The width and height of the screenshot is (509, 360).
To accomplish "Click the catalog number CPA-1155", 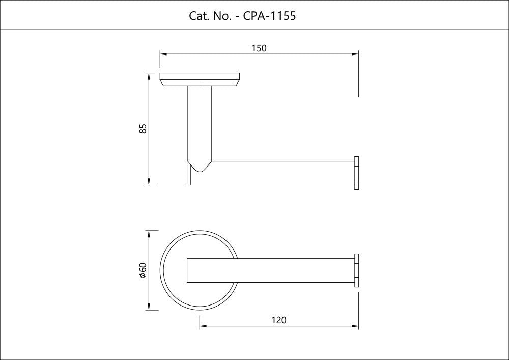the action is click(269, 16).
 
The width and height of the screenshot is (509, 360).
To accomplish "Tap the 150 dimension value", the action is click(259, 48).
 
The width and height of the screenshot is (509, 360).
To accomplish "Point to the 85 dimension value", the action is click(143, 128).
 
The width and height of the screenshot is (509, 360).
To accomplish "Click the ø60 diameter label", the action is click(143, 270).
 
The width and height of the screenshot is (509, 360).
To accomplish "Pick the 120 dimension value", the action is click(279, 320).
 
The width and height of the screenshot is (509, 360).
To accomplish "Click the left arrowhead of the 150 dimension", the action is click(163, 54).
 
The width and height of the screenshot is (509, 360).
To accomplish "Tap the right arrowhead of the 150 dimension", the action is click(355, 54).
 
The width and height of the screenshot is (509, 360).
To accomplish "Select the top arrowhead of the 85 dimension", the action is click(149, 76).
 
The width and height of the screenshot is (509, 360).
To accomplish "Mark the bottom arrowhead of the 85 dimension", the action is click(149, 182).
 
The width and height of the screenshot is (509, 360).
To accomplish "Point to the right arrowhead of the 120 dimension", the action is click(355, 326).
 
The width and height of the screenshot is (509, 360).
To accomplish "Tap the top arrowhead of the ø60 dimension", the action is click(149, 234).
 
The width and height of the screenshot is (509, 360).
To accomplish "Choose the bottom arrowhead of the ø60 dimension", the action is click(149, 307).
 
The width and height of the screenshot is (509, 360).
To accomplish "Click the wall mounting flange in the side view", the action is click(200, 79).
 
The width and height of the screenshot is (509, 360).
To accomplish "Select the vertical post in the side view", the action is click(200, 123).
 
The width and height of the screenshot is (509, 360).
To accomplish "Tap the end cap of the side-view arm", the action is click(356, 173).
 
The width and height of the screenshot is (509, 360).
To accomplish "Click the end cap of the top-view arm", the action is click(356, 270).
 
